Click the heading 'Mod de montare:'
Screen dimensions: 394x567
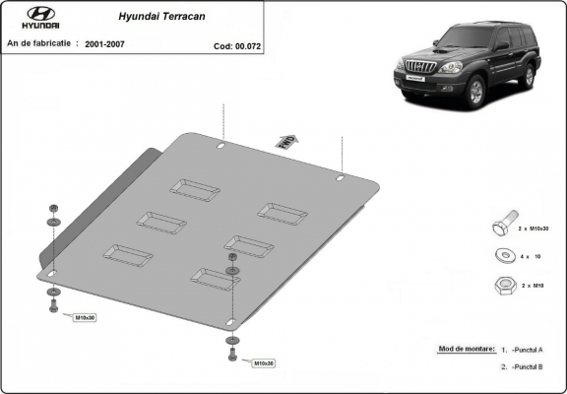(462, 349)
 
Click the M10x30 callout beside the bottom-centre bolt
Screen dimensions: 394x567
(263, 363)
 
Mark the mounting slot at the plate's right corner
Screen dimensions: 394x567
(340, 179)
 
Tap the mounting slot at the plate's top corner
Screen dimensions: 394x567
(221, 147)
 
